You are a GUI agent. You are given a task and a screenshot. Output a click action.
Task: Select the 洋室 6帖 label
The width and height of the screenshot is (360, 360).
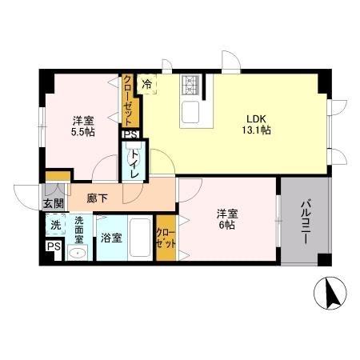[228, 219]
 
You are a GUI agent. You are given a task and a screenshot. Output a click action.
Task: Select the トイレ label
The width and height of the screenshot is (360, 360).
[134, 163]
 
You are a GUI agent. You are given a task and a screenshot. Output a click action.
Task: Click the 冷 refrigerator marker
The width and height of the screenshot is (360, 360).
[147, 82]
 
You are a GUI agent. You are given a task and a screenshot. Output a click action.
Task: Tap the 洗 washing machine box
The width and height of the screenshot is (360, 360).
[54, 225]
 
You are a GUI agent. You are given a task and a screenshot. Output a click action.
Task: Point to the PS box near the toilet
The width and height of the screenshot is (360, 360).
[130, 135]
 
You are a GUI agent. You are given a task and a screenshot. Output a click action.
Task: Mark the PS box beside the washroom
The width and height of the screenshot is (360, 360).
[54, 248]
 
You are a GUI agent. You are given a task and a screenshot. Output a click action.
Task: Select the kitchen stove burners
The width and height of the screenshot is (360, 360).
[191, 83]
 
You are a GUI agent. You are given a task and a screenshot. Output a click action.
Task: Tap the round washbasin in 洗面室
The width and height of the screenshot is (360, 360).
[78, 254]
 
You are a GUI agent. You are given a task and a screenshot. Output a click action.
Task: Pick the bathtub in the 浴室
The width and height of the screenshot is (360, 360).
[141, 237]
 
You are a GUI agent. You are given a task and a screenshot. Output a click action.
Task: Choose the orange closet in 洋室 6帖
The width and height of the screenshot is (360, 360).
[166, 237]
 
